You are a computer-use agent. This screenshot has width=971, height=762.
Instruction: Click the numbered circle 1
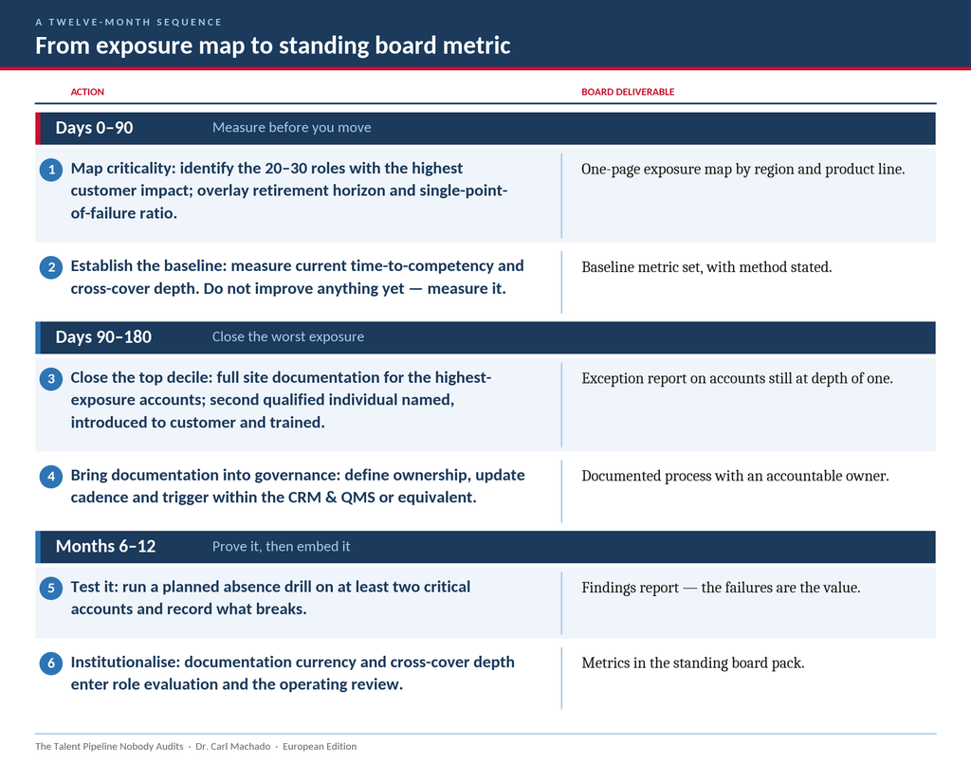coord(51,170)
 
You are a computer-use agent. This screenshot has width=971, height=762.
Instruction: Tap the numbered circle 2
coord(51,267)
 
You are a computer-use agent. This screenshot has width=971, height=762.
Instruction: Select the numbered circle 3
coord(51,379)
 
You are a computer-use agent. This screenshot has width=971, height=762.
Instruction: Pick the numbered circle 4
coord(51,477)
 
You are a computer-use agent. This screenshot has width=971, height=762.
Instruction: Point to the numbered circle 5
coord(51,588)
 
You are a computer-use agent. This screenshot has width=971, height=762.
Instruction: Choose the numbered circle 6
coord(51,663)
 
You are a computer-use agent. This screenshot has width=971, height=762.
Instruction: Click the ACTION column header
coord(87,92)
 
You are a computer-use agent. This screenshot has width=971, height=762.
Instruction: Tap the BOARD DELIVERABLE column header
coord(628,92)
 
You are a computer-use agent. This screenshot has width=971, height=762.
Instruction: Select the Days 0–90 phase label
coord(94,128)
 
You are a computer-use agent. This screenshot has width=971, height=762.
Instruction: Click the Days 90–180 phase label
coord(103,336)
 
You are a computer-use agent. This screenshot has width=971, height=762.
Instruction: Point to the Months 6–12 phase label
coord(106,546)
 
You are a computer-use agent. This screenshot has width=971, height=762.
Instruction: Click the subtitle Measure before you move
coord(292,128)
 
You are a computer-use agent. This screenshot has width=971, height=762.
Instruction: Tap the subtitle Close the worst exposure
coord(288,336)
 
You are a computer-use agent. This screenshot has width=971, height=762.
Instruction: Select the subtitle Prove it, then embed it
coord(281,547)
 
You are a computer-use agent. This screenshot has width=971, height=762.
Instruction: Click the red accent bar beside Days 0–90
coord(38,129)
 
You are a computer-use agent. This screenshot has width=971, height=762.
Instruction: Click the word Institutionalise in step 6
coord(125,662)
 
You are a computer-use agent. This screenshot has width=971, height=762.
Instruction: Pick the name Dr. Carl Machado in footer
coord(233,747)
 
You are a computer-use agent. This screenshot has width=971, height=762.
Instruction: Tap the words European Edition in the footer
coord(320,747)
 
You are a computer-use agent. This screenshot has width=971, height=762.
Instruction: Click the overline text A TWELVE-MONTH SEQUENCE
coord(129,23)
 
